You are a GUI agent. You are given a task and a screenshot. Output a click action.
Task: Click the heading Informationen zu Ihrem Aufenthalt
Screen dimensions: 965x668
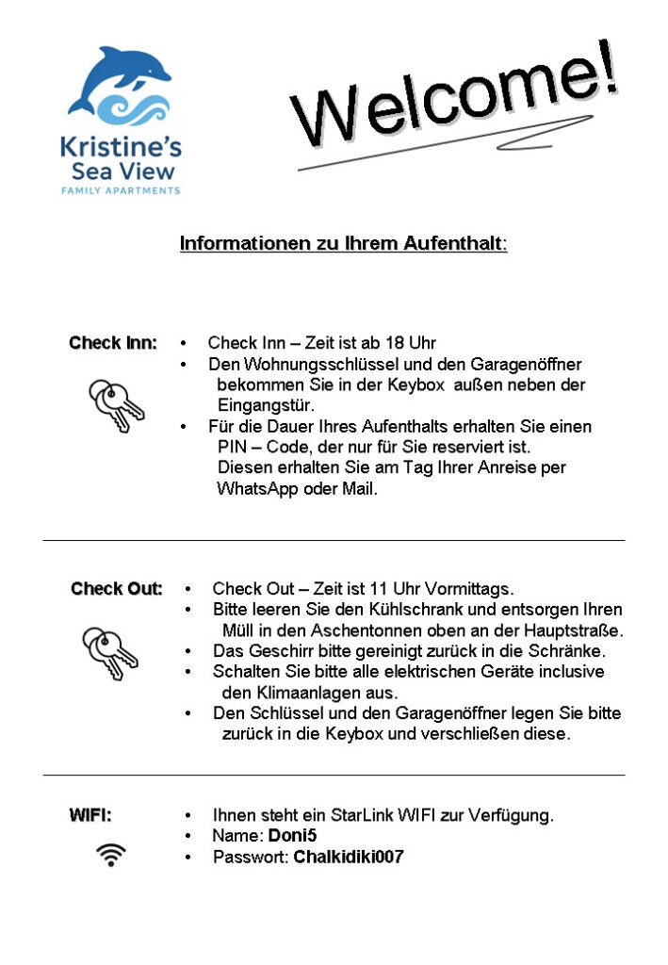pyautogui.click(x=343, y=244)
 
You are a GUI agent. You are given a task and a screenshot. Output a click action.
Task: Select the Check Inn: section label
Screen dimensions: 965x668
pyautogui.click(x=113, y=343)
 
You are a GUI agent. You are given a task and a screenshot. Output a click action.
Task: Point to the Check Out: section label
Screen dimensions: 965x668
pyautogui.click(x=116, y=589)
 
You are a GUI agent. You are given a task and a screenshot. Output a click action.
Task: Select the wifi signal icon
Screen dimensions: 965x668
pyautogui.click(x=110, y=855)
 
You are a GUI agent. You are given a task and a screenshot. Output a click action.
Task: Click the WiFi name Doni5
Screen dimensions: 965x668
pyautogui.click(x=292, y=836)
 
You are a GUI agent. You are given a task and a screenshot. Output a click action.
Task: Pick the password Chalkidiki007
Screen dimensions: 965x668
pyautogui.click(x=349, y=858)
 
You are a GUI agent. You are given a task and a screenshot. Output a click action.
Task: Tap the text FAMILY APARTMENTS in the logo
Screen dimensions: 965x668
pyautogui.click(x=120, y=190)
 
